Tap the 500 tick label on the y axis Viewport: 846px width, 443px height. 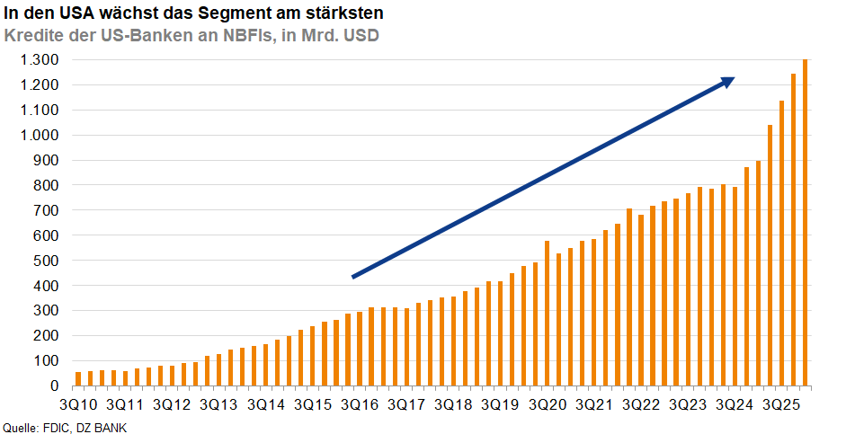click(47, 261)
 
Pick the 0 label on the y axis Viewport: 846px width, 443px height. click(56, 386)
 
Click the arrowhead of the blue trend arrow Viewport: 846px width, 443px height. click(728, 81)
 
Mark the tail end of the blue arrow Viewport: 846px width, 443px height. click(354, 276)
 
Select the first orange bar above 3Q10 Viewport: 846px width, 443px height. click(78, 378)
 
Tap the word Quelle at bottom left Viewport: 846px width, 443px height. click(21, 429)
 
